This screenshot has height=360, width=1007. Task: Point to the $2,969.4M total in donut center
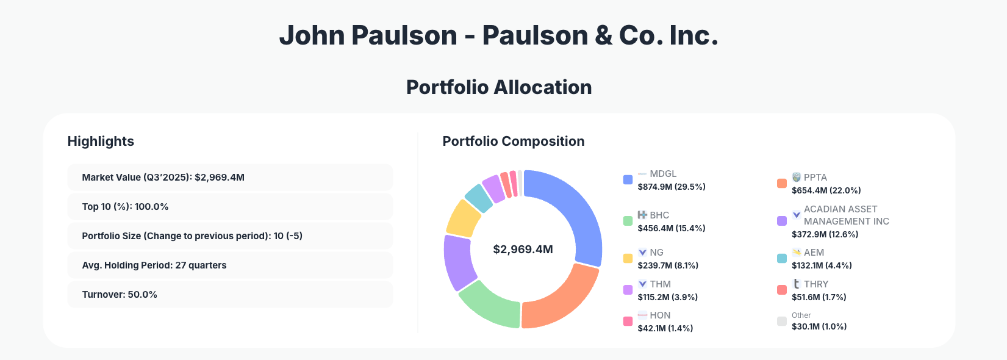[x=523, y=250]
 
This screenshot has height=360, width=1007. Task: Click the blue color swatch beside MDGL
[x=628, y=179]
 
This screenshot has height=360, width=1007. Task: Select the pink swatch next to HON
[x=628, y=321]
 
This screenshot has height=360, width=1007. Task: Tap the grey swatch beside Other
[x=781, y=321]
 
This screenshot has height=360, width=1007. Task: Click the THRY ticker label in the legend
[x=815, y=284]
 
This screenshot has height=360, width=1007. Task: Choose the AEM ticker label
[x=814, y=253]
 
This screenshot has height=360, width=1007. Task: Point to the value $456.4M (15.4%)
[x=671, y=228]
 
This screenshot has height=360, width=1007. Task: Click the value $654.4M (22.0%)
[x=826, y=190]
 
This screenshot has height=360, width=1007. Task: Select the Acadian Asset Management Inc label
[x=846, y=215]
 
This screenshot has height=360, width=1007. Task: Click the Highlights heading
[x=101, y=142]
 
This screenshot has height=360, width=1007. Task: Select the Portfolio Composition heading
[x=513, y=142]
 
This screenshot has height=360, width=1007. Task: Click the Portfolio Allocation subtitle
[x=499, y=87]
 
